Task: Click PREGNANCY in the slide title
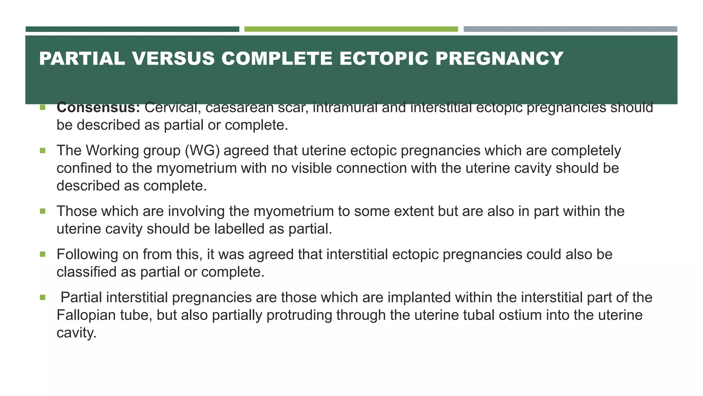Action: pyautogui.click(x=499, y=58)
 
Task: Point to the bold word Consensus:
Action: pyautogui.click(x=98, y=108)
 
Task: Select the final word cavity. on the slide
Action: pyautogui.click(x=76, y=333)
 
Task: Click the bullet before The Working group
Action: pyautogui.click(x=43, y=151)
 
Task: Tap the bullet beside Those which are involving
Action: pyautogui.click(x=43, y=211)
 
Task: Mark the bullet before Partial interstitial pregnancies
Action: pyautogui.click(x=43, y=297)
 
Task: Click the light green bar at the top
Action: pyautogui.click(x=351, y=29)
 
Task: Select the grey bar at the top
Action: pyautogui.click(x=570, y=29)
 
